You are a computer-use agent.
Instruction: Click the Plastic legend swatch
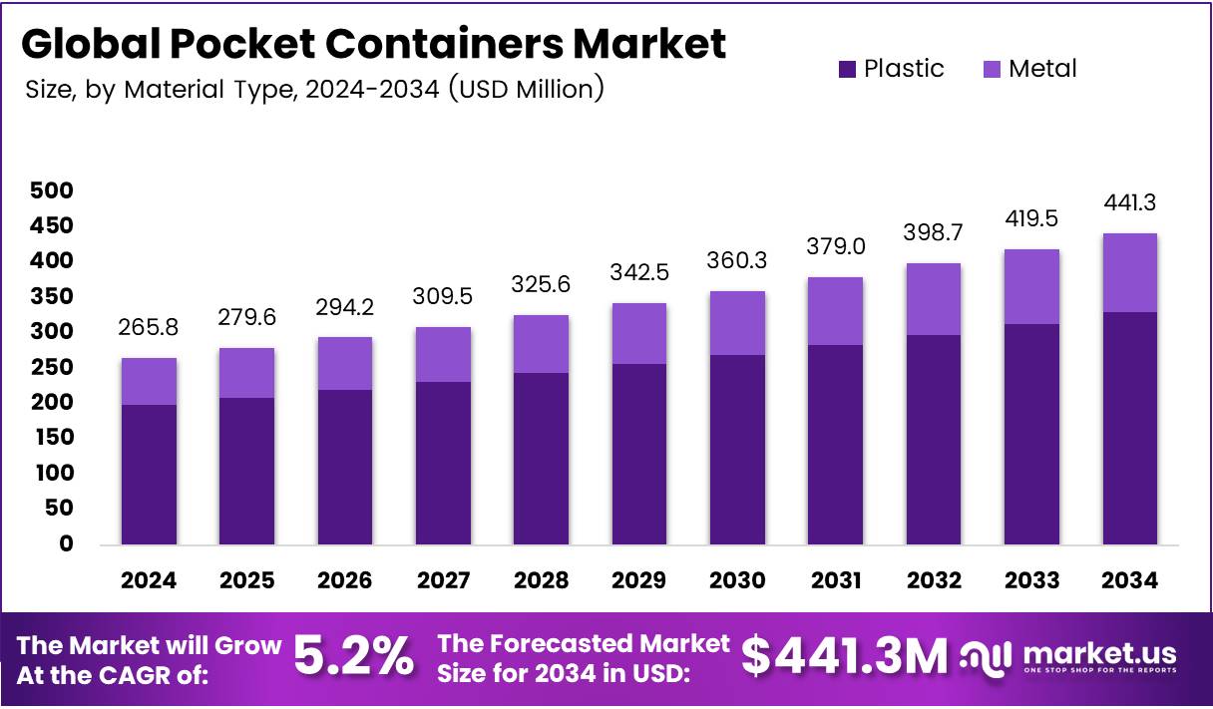847,69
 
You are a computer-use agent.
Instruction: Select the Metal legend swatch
993,69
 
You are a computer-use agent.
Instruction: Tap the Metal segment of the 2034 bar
1129,272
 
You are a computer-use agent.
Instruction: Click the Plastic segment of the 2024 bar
150,474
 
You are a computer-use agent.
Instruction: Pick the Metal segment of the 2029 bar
638,333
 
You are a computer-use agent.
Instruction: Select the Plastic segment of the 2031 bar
835,444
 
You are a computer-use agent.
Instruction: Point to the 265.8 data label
150,328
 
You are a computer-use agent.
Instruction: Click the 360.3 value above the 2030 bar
737,261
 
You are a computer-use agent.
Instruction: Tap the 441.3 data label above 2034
1129,203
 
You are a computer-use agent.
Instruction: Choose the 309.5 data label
443,296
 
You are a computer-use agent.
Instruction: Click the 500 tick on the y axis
52,189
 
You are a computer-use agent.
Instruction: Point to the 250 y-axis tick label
52,367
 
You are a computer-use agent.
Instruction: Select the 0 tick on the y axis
66,543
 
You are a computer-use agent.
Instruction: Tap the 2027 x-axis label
443,580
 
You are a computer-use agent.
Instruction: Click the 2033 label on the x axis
1031,580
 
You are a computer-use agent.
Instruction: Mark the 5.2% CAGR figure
353,657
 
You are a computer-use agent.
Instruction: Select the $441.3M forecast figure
844,657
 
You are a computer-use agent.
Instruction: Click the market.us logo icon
986,657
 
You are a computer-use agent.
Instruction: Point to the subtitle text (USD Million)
526,90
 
